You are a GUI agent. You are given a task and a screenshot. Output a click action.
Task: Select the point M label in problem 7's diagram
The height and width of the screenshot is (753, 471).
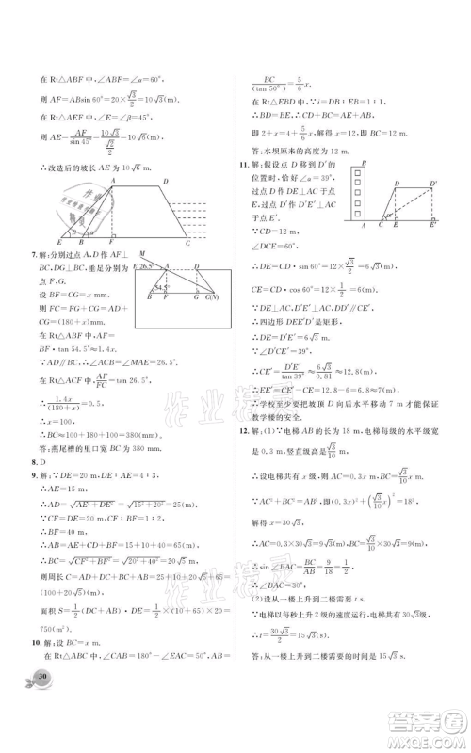pos(140,254)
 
